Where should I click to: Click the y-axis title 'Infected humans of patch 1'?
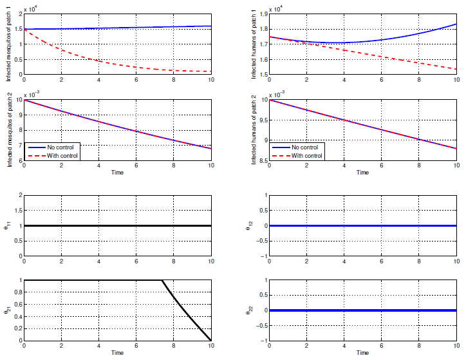[254, 43]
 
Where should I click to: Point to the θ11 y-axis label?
[9, 226]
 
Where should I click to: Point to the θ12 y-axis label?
[253, 226]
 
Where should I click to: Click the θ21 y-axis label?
[9, 310]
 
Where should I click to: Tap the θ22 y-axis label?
[253, 310]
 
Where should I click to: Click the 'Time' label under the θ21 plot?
[117, 354]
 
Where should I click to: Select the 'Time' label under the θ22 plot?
[362, 354]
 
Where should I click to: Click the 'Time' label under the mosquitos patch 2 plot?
[117, 173]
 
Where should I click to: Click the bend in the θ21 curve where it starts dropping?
[162, 281]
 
